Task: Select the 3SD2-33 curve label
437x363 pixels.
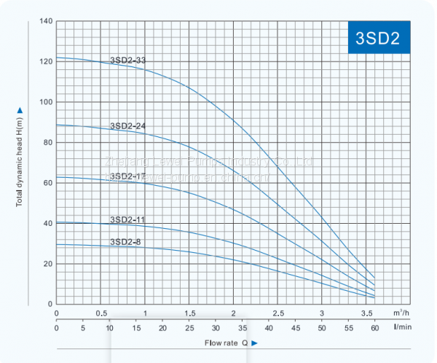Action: (127, 60)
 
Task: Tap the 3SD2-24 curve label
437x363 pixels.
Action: (127, 126)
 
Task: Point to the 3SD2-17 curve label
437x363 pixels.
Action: (127, 176)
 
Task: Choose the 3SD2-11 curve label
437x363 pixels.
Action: (127, 219)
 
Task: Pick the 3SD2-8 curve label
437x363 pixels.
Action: (125, 241)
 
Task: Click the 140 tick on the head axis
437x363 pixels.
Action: (44, 20)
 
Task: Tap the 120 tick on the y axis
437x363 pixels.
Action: (44, 61)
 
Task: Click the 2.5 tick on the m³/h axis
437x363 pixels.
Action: (277, 313)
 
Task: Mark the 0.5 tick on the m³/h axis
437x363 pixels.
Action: (101, 313)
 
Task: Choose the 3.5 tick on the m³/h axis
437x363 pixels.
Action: (366, 313)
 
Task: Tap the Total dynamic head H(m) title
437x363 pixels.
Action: (20, 157)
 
